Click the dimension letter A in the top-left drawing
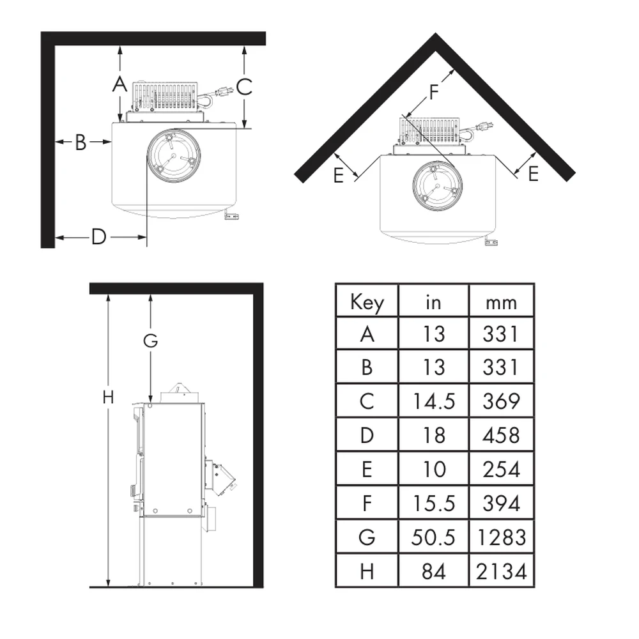tap(120, 84)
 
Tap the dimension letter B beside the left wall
tap(81, 142)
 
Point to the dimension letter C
tap(244, 87)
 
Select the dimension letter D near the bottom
tap(98, 237)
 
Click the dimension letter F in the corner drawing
tap(434, 92)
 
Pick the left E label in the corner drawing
tap(338, 176)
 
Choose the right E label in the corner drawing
tap(534, 174)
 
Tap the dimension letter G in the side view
tap(150, 341)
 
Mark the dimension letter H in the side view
tap(108, 397)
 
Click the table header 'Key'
tap(367, 302)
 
